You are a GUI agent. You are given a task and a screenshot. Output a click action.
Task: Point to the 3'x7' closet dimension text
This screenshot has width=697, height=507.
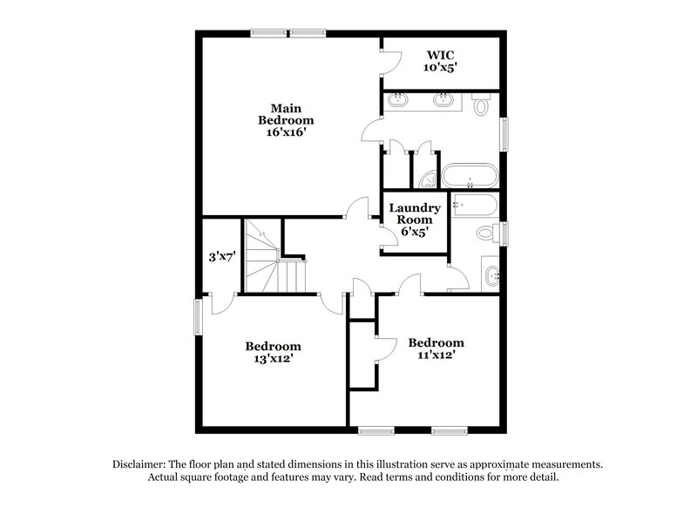coord(221,257)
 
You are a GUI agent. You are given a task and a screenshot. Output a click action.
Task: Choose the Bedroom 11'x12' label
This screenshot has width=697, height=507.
coord(436,348)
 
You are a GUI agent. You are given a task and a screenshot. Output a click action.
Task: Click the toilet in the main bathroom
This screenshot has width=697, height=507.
coord(482,105)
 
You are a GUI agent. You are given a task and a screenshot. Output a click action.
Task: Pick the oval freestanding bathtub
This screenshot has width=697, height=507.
coord(470,175)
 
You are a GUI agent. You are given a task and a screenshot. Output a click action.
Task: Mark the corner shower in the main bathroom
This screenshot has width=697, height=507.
coord(428,179)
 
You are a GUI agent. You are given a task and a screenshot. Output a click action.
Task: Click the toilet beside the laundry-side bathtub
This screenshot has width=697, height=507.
coord(488,233)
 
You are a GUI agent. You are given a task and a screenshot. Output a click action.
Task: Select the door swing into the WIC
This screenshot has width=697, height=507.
coord(389,59)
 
